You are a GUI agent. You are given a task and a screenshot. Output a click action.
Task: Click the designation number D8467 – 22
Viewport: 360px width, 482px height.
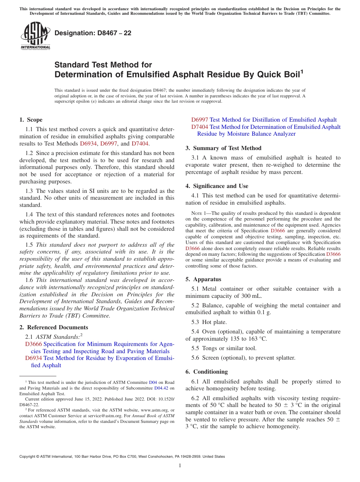point(93,33)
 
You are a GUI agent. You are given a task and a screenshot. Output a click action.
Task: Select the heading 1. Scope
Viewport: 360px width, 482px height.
point(31,120)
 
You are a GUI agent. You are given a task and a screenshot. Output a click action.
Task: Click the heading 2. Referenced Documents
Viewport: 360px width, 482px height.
point(54,327)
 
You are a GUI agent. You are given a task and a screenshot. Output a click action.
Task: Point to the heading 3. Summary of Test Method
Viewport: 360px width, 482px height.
point(223,148)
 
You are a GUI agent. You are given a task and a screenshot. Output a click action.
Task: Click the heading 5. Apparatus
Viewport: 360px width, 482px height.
point(203,279)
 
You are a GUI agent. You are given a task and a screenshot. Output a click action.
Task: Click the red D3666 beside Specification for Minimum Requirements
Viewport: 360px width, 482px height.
point(33,344)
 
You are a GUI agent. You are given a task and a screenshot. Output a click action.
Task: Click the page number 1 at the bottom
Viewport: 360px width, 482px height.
point(180,466)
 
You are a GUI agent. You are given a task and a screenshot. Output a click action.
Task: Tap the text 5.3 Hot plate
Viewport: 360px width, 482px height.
point(209,322)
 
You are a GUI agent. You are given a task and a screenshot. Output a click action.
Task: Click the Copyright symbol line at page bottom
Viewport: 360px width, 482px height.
point(122,457)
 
